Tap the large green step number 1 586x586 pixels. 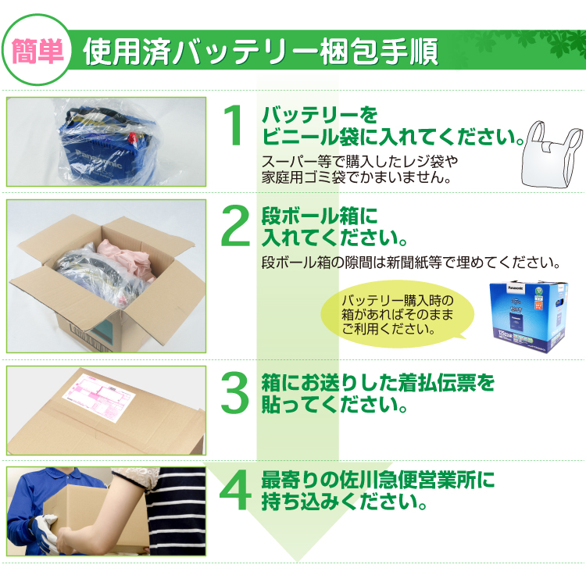pyautogui.click(x=234, y=127)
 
